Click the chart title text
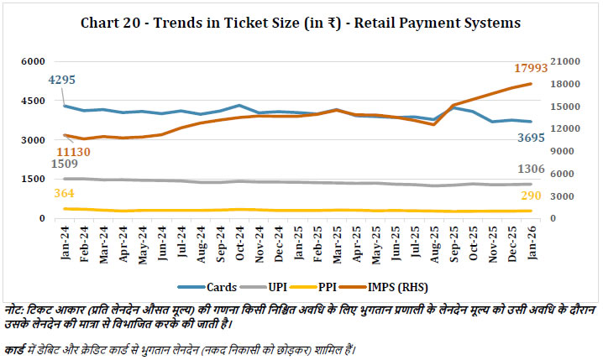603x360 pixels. [301, 23]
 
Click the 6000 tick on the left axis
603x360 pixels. [33, 62]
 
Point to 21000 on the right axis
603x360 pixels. [567, 62]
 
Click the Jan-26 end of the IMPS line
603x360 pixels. [531, 84]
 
